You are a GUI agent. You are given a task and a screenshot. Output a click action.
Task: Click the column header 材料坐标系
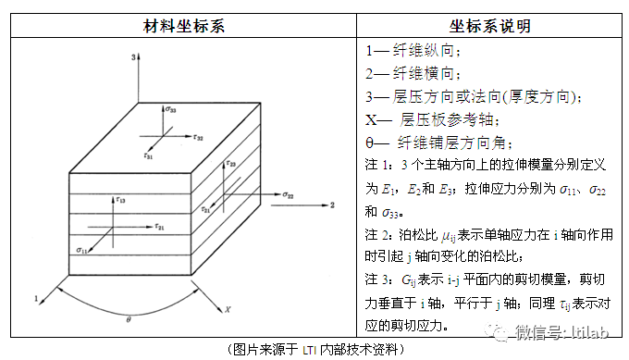click(x=182, y=26)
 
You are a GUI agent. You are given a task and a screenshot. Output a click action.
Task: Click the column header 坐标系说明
click(x=490, y=26)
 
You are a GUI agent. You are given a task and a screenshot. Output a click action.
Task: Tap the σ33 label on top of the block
click(x=172, y=110)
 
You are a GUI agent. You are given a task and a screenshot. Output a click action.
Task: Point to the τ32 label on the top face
click(x=198, y=137)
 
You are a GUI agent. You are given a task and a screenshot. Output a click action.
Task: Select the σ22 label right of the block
click(x=289, y=196)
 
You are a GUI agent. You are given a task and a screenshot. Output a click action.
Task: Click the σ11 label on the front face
click(x=82, y=250)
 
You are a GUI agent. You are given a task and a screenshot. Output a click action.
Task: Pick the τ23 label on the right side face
click(x=231, y=165)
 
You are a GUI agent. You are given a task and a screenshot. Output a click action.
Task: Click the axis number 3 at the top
click(x=135, y=57)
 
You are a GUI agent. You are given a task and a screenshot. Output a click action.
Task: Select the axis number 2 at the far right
click(x=332, y=205)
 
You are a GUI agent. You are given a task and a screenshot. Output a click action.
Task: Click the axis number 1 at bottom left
click(x=35, y=299)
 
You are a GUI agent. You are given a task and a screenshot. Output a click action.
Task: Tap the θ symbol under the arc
click(x=128, y=319)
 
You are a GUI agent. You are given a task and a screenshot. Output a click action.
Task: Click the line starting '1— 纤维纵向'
click(x=413, y=51)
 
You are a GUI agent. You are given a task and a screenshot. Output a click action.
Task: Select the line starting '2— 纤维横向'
click(x=413, y=74)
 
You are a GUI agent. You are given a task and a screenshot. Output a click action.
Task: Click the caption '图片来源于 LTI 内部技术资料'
click(x=314, y=350)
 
